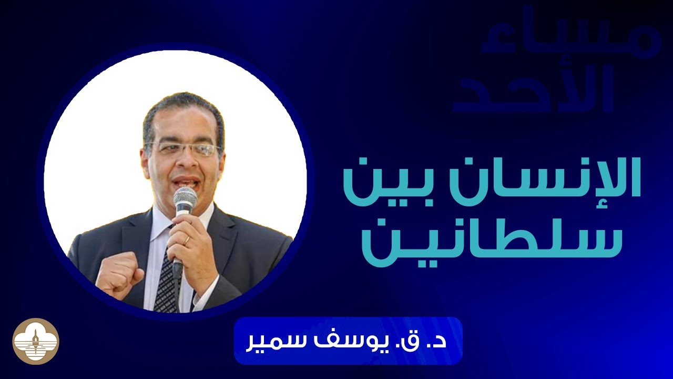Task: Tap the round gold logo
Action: click(36, 341)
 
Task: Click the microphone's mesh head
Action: click(185, 200)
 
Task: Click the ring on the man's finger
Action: click(186, 240)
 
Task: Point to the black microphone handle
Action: click(178, 263)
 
